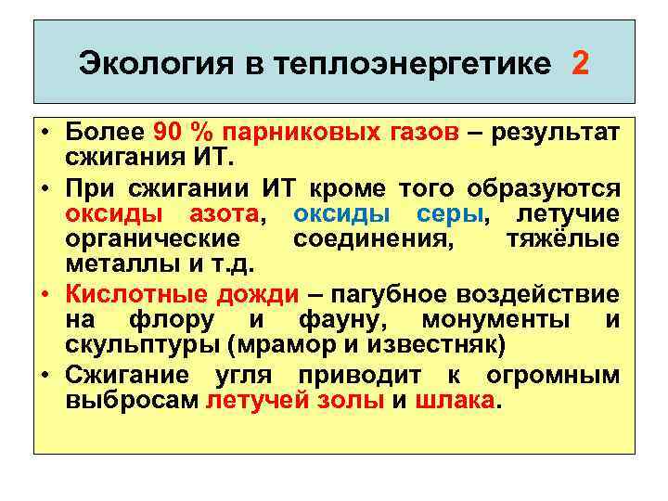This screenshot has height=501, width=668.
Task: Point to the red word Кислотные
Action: [x=124, y=295]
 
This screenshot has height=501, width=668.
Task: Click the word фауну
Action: [x=345, y=322]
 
